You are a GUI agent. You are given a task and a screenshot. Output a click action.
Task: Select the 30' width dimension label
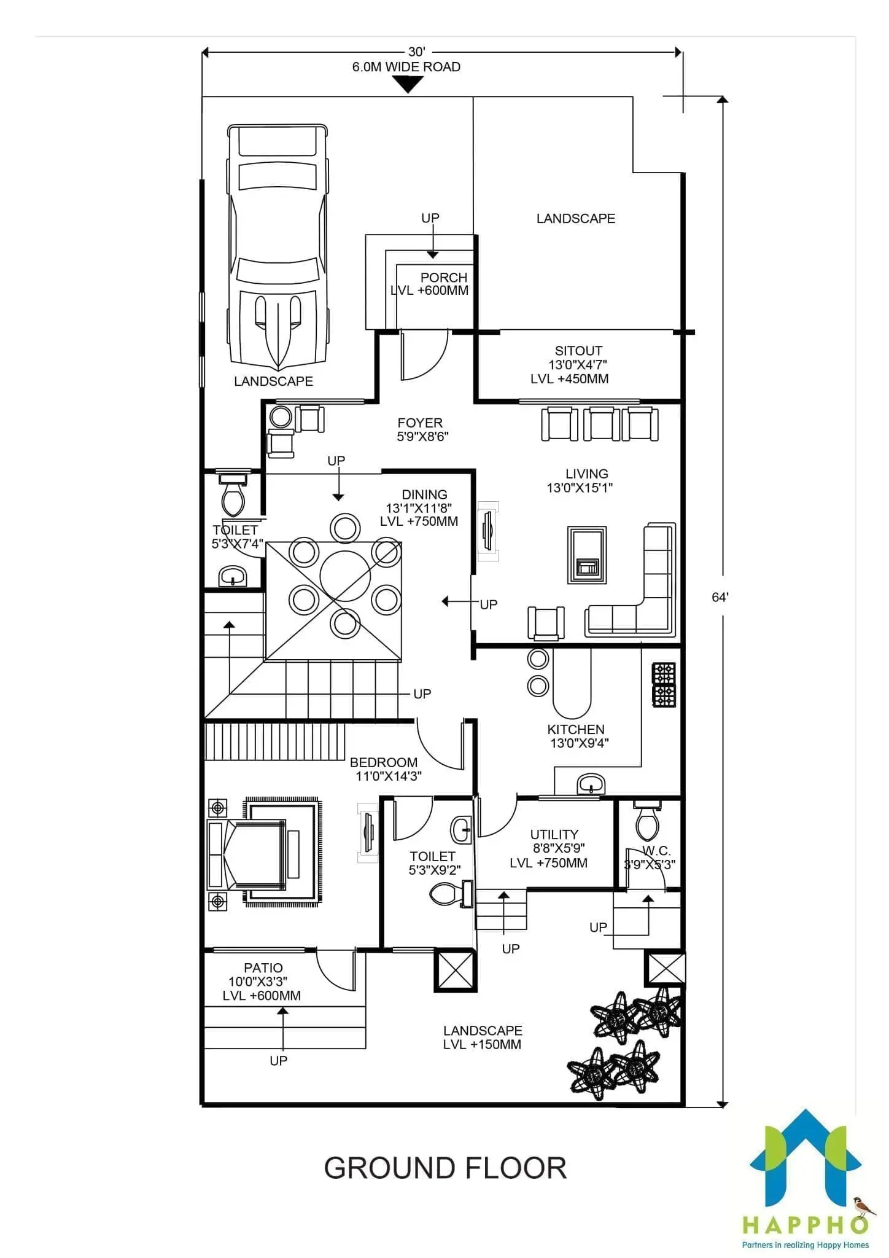(417, 53)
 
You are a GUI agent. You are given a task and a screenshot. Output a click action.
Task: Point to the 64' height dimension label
(720, 597)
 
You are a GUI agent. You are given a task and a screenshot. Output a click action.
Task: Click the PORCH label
(444, 277)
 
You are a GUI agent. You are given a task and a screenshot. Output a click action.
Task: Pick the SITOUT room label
(578, 351)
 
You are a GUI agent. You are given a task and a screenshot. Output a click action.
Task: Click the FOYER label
(420, 423)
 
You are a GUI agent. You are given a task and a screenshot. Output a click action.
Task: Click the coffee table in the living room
(587, 555)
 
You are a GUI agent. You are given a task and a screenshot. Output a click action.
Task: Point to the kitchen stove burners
(664, 684)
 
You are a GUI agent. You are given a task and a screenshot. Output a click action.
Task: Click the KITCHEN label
(576, 729)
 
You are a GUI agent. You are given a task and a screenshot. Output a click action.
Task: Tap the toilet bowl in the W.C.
(648, 821)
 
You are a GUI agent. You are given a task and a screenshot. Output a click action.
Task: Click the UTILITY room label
(554, 834)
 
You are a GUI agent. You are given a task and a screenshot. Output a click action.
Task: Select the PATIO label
(263, 967)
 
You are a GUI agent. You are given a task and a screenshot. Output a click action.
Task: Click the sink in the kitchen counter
(591, 784)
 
